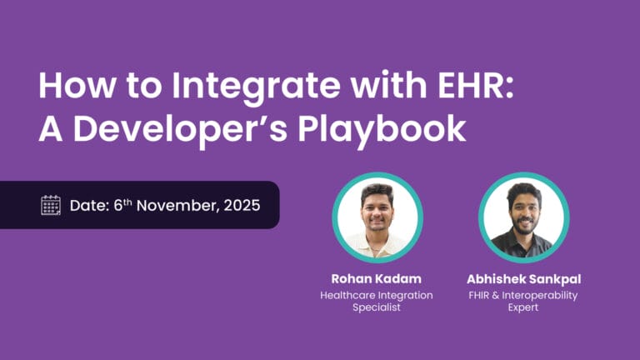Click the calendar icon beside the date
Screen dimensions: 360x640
(x=51, y=205)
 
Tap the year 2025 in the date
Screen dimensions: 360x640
(x=241, y=205)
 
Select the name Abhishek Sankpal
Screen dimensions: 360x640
(x=522, y=279)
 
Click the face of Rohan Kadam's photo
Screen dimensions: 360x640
(x=377, y=209)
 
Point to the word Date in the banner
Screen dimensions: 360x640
(x=85, y=205)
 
